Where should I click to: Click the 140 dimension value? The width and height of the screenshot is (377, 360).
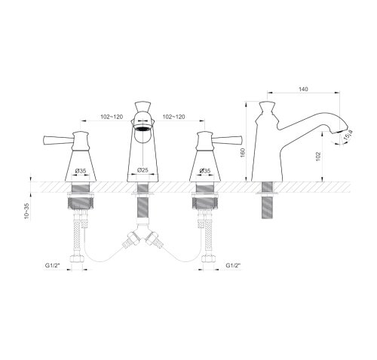click(x=303, y=89)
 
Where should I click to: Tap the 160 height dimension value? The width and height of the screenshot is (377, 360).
click(x=243, y=153)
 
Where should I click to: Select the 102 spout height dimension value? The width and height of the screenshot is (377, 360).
click(x=318, y=156)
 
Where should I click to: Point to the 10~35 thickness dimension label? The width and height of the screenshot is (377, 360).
click(x=26, y=211)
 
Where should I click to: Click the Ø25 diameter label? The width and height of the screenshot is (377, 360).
click(x=143, y=170)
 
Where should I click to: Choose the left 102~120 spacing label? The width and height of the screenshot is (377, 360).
click(x=112, y=117)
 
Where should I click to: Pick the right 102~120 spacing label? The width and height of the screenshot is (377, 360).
click(x=173, y=117)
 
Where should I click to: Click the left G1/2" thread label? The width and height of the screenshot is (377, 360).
click(x=52, y=265)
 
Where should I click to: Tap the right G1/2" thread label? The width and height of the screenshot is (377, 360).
click(x=233, y=265)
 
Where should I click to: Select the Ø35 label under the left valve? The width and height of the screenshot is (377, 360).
click(x=81, y=171)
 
